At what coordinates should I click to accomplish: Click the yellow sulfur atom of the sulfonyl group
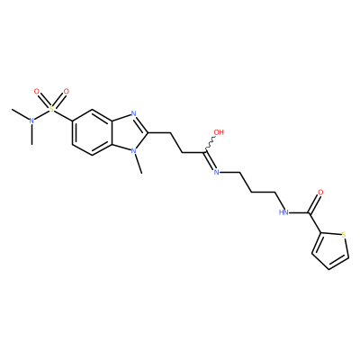click(x=52, y=110)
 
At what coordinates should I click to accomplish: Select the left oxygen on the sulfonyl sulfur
click(x=37, y=91)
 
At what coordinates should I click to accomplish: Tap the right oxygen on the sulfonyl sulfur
click(x=67, y=91)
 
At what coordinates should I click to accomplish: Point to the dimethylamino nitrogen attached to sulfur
click(x=31, y=121)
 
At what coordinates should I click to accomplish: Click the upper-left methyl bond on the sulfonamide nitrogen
click(x=20, y=114)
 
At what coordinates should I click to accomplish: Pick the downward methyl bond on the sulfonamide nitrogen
click(x=31, y=135)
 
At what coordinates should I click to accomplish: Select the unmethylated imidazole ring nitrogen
click(x=133, y=113)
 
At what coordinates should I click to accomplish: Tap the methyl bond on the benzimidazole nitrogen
click(x=139, y=164)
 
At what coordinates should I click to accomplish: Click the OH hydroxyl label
click(x=219, y=132)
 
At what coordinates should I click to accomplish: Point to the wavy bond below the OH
click(x=210, y=144)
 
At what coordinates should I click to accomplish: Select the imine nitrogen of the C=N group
click(x=216, y=172)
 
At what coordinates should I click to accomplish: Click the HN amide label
click(x=283, y=212)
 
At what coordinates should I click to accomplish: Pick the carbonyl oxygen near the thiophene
click(x=320, y=193)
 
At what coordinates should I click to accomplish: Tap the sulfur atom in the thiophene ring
click(x=344, y=234)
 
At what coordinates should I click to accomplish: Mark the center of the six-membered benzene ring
click(x=92, y=132)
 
